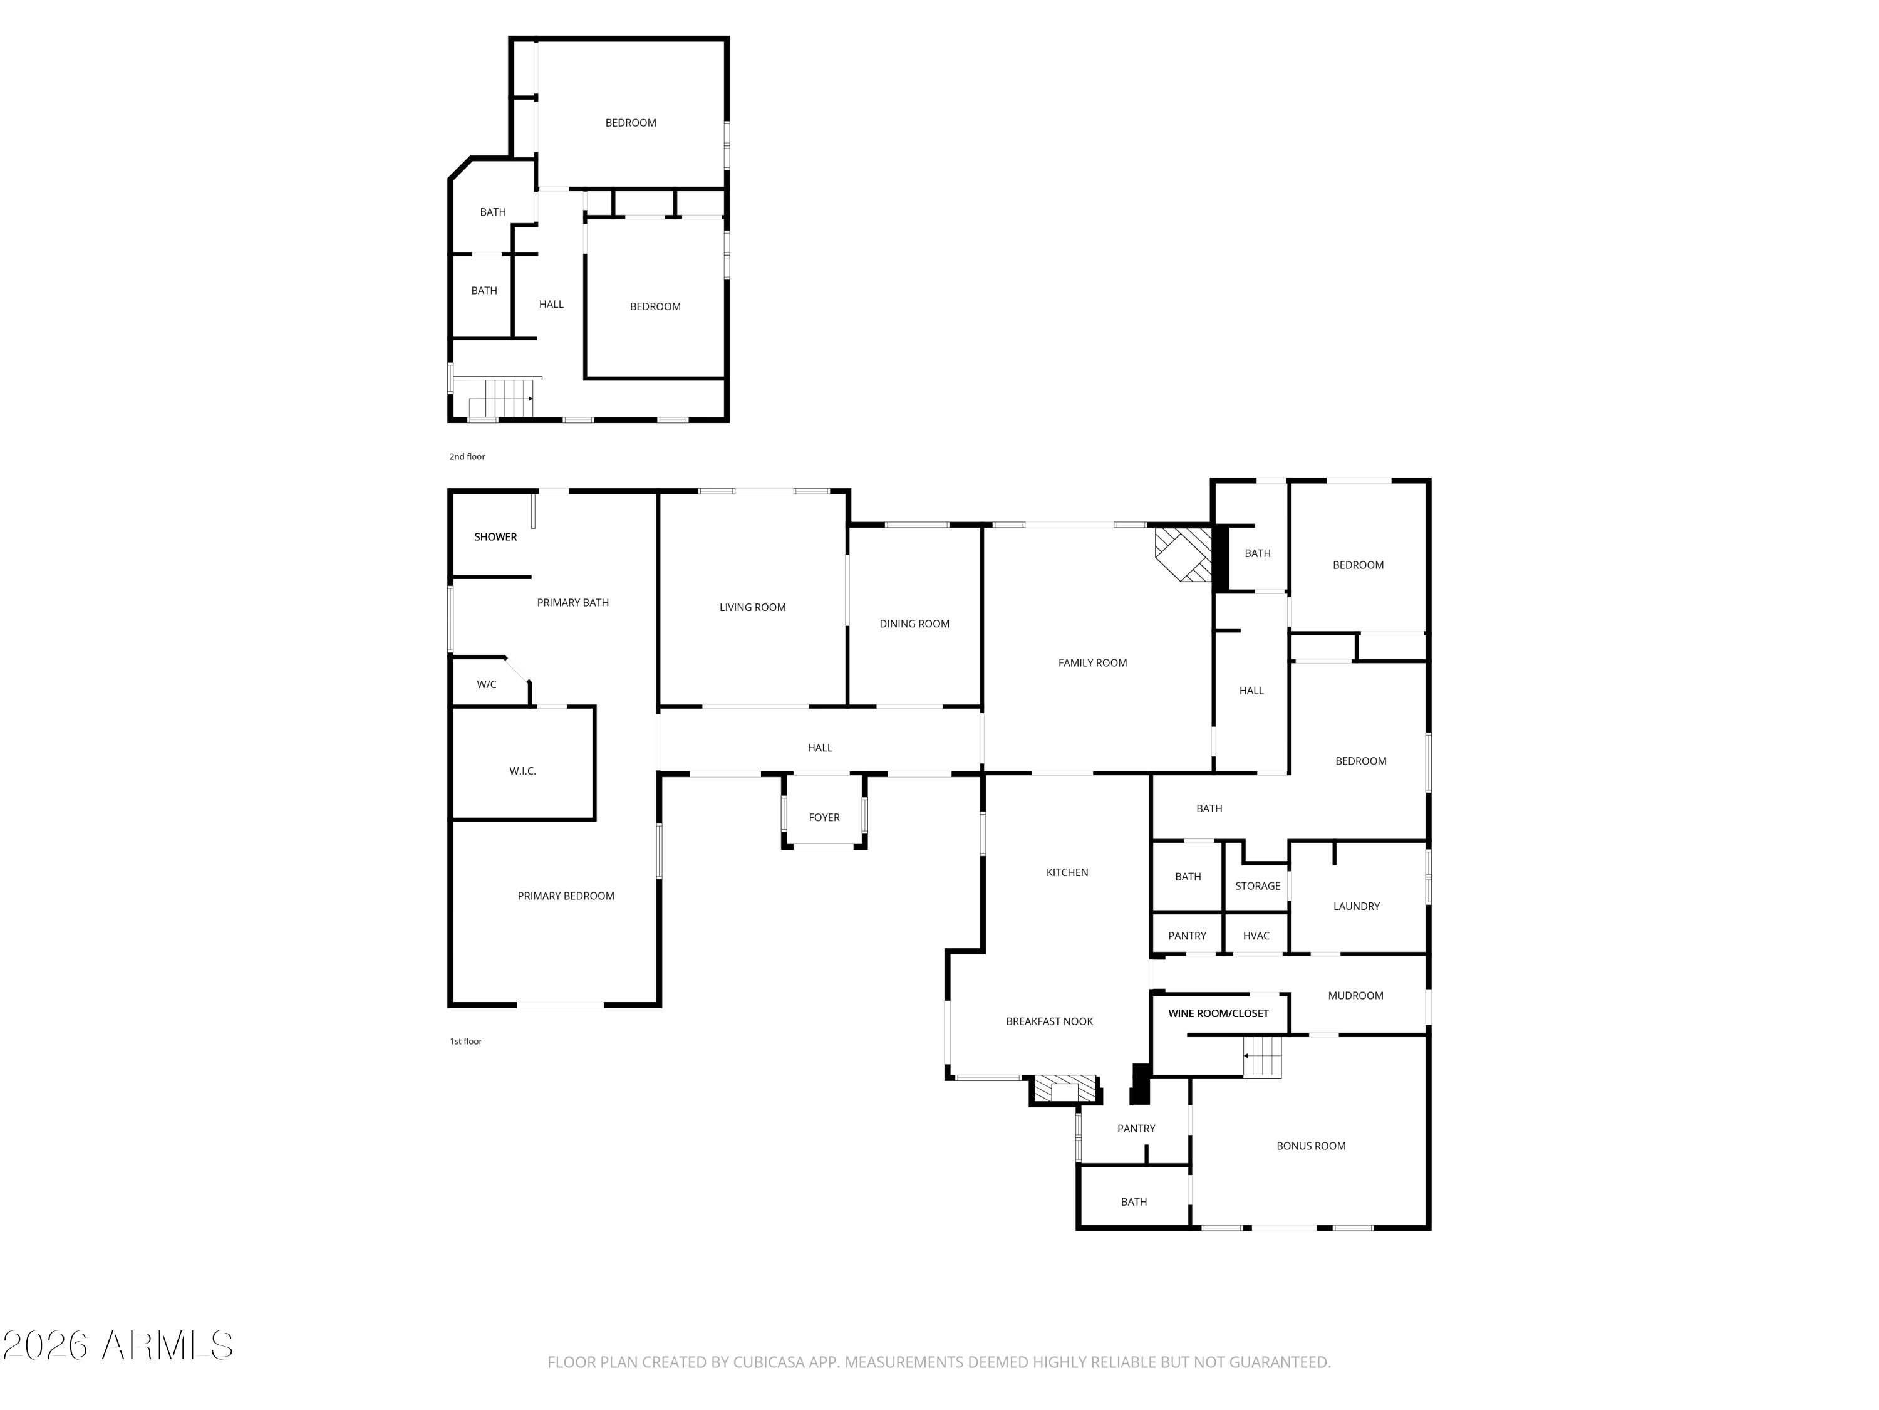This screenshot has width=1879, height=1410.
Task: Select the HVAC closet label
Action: pyautogui.click(x=1256, y=936)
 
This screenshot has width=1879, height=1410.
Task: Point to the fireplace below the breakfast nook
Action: pyautogui.click(x=1064, y=1090)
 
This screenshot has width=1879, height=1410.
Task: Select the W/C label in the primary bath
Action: pyautogui.click(x=486, y=684)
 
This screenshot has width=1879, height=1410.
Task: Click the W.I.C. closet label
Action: pyautogui.click(x=522, y=771)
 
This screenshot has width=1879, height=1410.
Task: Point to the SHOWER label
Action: pyautogui.click(x=495, y=536)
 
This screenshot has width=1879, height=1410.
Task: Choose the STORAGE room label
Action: pyautogui.click(x=1257, y=885)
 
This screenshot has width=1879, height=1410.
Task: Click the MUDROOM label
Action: pyautogui.click(x=1355, y=995)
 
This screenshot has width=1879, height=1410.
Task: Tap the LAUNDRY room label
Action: pyautogui.click(x=1356, y=906)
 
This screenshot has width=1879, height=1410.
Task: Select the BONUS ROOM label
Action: pyautogui.click(x=1311, y=1146)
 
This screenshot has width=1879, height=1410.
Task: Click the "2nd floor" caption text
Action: pyautogui.click(x=467, y=456)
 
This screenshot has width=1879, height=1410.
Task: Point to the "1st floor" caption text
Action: pyautogui.click(x=465, y=1041)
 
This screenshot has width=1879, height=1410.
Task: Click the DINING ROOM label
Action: pyautogui.click(x=914, y=624)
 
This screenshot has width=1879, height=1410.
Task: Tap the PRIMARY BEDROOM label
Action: pyautogui.click(x=566, y=896)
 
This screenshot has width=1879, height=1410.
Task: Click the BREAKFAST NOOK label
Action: pyautogui.click(x=1049, y=1021)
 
